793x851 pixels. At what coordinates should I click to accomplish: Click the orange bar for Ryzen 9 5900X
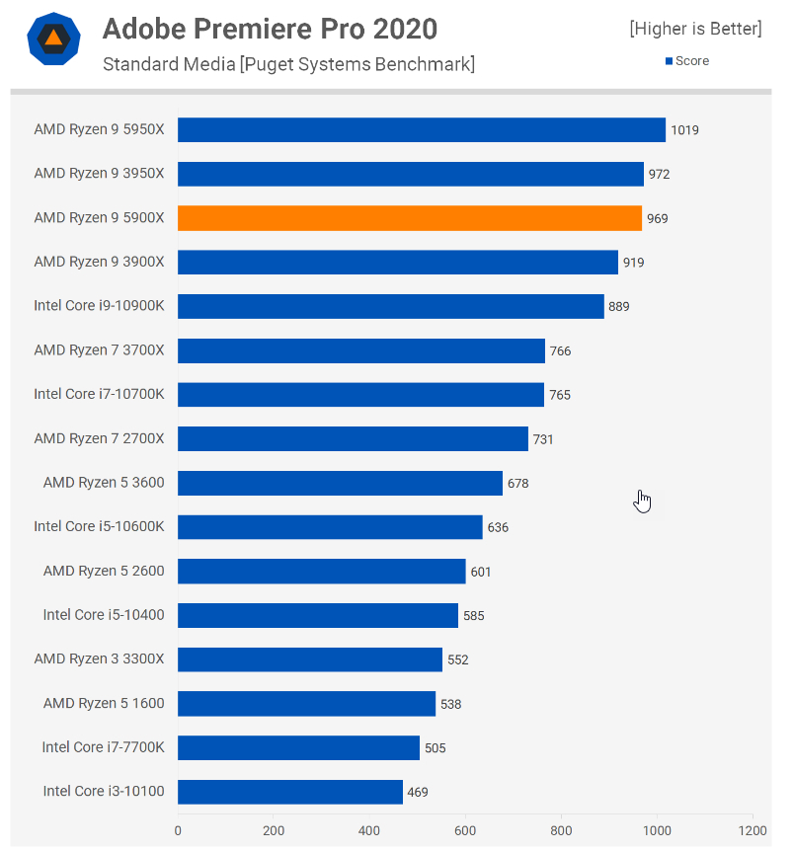tap(410, 218)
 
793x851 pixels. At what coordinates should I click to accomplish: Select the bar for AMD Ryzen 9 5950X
tap(422, 130)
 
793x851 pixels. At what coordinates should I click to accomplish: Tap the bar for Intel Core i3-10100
tap(290, 792)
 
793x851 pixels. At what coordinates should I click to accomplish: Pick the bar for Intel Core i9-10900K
tap(391, 306)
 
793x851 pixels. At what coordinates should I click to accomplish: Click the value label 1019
tap(685, 130)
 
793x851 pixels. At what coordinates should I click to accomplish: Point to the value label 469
tap(418, 792)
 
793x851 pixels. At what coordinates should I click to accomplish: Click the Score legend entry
tap(687, 61)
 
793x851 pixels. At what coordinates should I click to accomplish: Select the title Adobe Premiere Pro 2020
tap(270, 29)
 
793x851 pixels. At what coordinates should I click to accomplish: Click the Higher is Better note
tap(695, 30)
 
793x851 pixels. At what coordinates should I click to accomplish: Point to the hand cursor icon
tap(643, 502)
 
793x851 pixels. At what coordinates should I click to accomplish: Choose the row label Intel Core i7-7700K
tap(103, 747)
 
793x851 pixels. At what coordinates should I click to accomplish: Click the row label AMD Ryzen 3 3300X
tap(99, 659)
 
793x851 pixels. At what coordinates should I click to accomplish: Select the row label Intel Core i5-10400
tap(104, 615)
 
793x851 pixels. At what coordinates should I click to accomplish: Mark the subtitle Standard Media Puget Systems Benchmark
tap(288, 65)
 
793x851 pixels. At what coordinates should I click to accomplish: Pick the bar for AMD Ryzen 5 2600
tap(322, 572)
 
